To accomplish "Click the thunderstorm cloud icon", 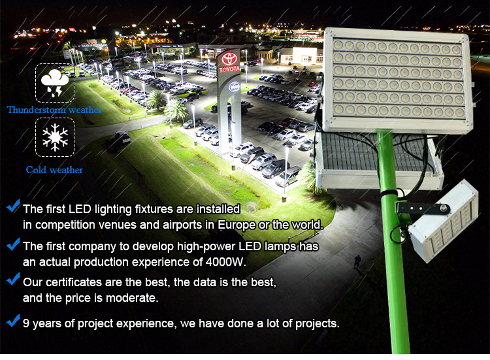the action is pyautogui.click(x=55, y=83).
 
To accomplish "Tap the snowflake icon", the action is pyautogui.click(x=55, y=137).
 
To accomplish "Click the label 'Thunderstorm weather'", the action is pyautogui.click(x=54, y=110).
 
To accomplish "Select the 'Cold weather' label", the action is pyautogui.click(x=54, y=170).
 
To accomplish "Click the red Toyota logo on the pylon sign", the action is pyautogui.click(x=229, y=58).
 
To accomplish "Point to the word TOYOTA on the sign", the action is pyautogui.click(x=229, y=69).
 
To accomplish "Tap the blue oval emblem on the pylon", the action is pyautogui.click(x=235, y=87).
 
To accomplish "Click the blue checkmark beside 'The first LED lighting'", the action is pyautogui.click(x=13, y=206).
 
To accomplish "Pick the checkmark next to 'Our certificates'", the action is pyautogui.click(x=13, y=279).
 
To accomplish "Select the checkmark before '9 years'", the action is pyautogui.click(x=13, y=321).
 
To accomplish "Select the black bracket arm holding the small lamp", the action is pyautogui.click(x=423, y=208).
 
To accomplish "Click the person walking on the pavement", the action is pyautogui.click(x=357, y=261).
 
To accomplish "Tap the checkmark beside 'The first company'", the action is pyautogui.click(x=13, y=244).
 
